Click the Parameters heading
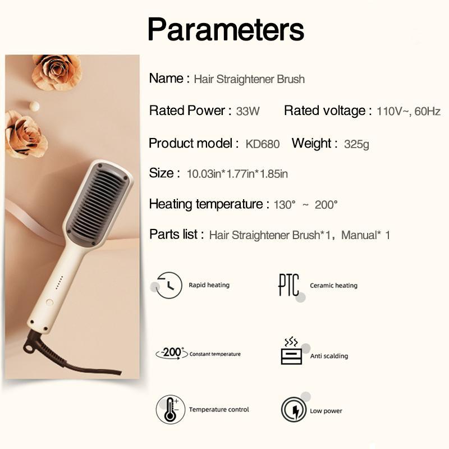click(x=226, y=30)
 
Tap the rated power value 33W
click(x=248, y=111)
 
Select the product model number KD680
click(x=263, y=144)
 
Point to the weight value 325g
click(x=356, y=144)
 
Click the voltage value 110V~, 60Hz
click(x=409, y=111)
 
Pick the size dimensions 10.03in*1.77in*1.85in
click(x=237, y=174)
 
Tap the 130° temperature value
click(x=285, y=205)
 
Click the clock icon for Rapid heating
click(x=169, y=285)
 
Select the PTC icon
click(x=289, y=285)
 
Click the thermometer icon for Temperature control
click(x=171, y=410)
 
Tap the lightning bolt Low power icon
click(x=294, y=410)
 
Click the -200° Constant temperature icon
click(x=172, y=353)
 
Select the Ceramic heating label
click(x=333, y=286)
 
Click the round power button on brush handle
click(x=49, y=302)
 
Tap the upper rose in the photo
click(x=57, y=72)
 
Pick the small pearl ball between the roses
click(x=34, y=106)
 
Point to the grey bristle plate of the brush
click(x=98, y=203)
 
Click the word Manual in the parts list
click(x=359, y=235)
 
